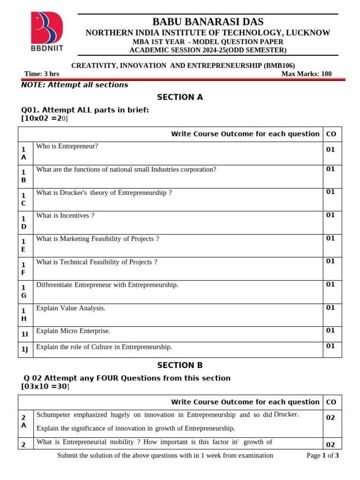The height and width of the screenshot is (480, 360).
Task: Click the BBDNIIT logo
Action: click(47, 31)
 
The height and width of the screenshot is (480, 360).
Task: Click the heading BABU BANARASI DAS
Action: click(208, 22)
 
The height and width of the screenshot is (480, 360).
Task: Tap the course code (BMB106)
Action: click(279, 66)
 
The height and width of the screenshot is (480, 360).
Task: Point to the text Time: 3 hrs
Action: click(42, 74)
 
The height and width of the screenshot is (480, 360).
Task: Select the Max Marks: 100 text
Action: click(306, 74)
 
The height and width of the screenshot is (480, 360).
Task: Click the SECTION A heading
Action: click(180, 97)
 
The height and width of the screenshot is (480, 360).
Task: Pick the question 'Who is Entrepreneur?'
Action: click(67, 146)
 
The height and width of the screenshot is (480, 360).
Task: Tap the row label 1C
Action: click(23, 199)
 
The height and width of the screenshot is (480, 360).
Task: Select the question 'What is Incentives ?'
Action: click(65, 216)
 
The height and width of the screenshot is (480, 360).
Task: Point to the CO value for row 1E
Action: click(330, 238)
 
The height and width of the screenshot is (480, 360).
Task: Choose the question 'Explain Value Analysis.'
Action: click(71, 308)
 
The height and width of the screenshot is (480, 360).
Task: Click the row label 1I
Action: click(24, 334)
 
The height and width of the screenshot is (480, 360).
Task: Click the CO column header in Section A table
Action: click(331, 134)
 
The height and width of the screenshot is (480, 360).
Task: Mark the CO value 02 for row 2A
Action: click(330, 418)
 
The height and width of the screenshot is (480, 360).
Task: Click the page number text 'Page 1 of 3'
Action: click(322, 456)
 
